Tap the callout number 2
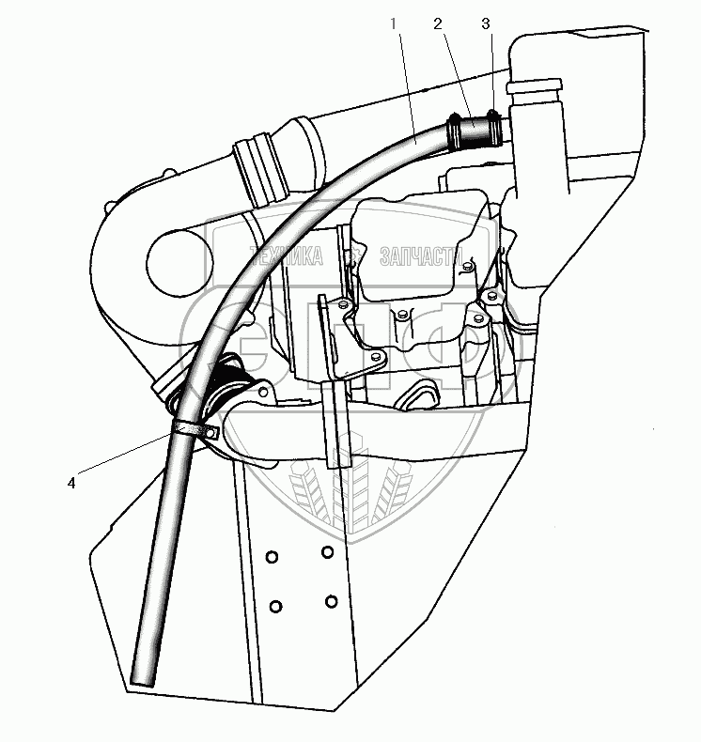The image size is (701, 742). (x=437, y=23)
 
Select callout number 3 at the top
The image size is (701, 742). (x=485, y=23)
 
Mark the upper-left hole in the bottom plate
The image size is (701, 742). (x=272, y=558)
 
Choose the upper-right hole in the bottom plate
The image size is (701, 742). (x=326, y=551)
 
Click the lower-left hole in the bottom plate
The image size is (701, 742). (x=276, y=606)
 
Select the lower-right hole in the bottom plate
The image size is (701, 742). (x=331, y=600)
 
